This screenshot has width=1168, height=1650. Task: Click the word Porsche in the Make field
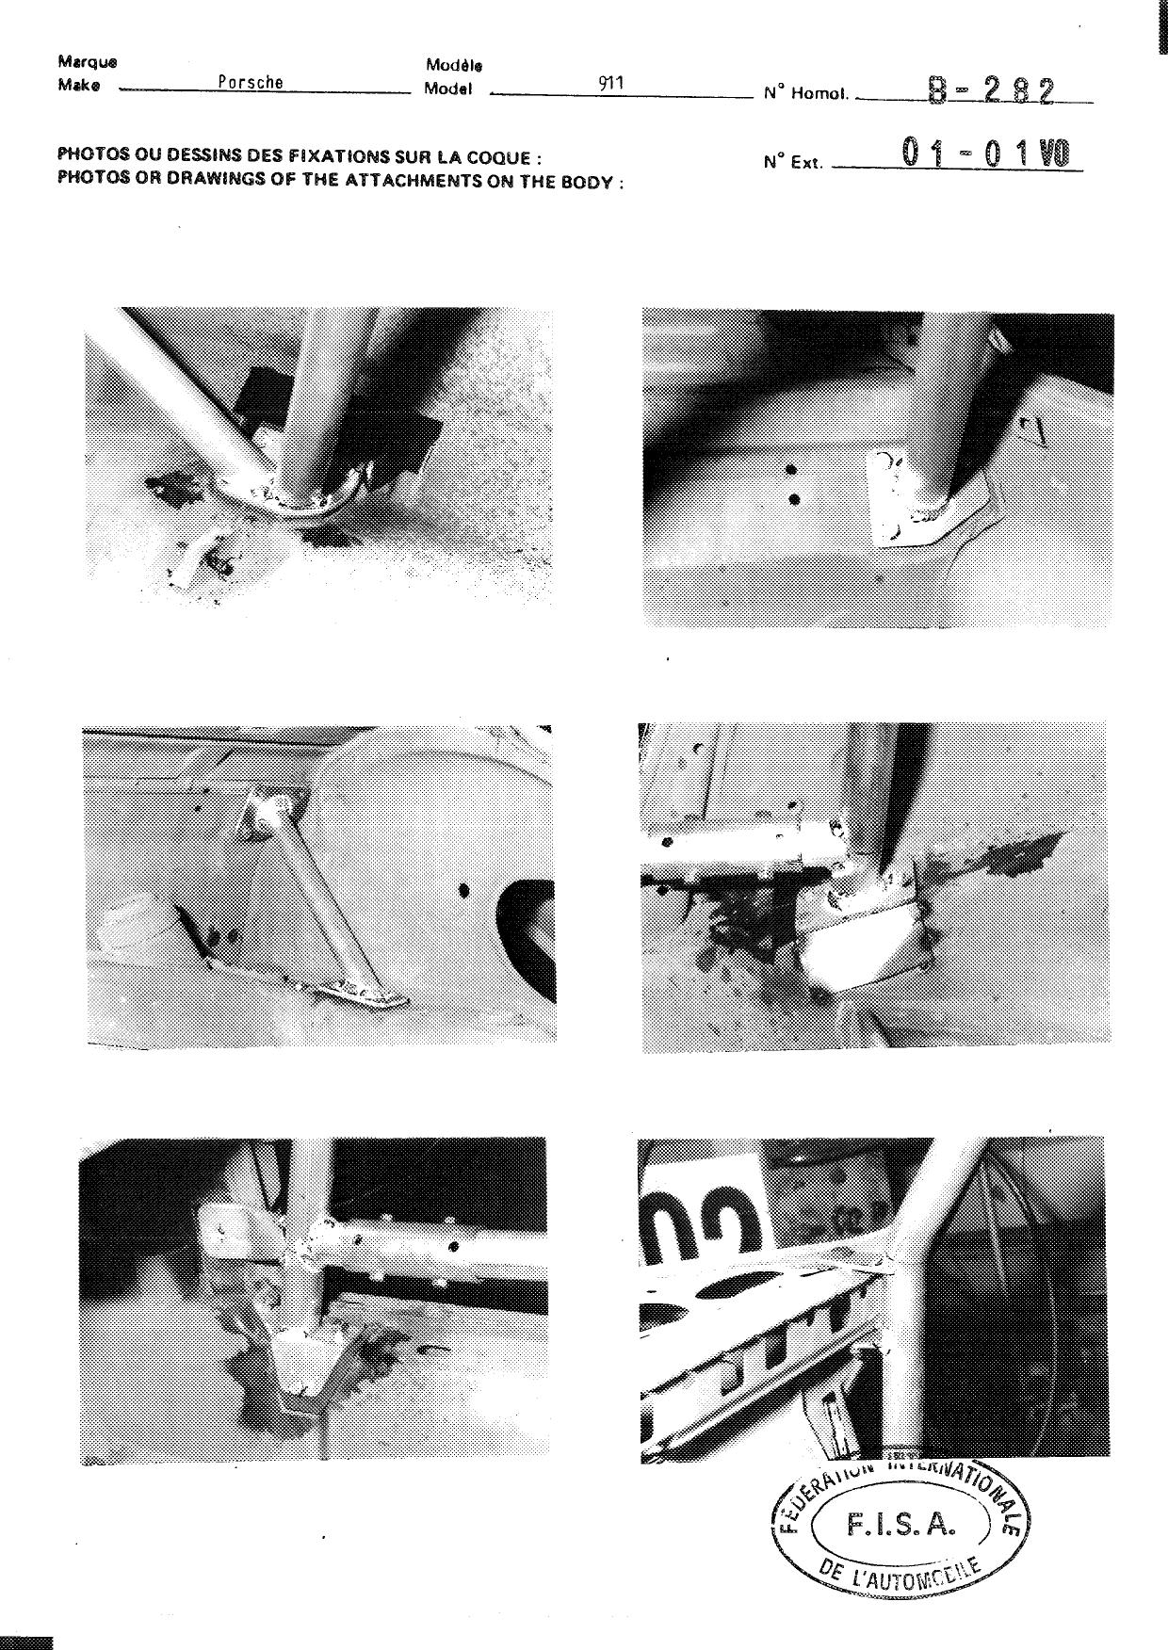[251, 82]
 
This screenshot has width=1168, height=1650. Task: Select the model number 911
[611, 83]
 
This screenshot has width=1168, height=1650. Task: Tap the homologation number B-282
[991, 90]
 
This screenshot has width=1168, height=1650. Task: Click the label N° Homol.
[806, 93]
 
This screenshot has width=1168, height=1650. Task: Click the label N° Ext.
[793, 162]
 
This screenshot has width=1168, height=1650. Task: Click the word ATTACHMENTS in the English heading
[409, 180]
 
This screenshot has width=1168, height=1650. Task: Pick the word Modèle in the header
[454, 66]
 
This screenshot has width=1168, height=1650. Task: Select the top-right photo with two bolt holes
[877, 468]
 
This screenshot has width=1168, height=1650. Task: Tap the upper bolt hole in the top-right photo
[791, 470]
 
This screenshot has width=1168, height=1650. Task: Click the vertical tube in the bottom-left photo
[305, 1243]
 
